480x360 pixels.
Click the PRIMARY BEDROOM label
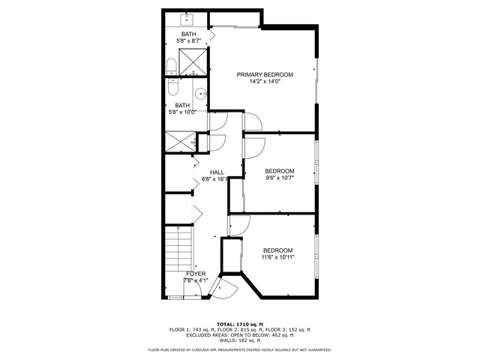(x=264, y=74)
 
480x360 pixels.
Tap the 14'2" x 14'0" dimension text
(x=264, y=82)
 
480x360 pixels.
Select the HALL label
(x=217, y=172)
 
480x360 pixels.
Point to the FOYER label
(x=195, y=274)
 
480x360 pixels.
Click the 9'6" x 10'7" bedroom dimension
(x=279, y=178)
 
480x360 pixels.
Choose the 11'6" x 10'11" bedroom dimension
(x=277, y=257)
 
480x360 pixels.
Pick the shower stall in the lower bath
(x=178, y=140)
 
